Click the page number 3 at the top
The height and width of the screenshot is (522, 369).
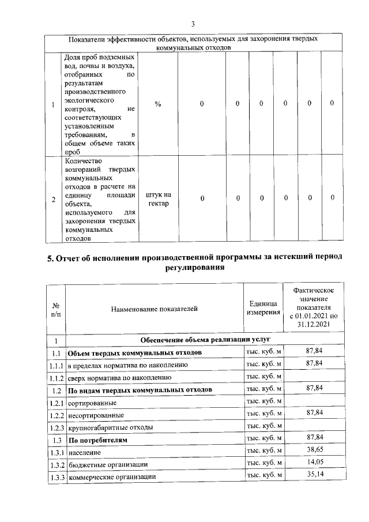click(x=194, y=24)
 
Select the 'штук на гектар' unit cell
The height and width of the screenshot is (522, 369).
click(x=159, y=200)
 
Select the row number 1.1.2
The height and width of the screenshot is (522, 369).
click(x=56, y=378)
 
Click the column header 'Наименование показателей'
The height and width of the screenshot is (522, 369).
click(x=154, y=309)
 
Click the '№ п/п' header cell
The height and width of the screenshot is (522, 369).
click(x=57, y=309)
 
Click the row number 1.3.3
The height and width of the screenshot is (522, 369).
click(x=56, y=477)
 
